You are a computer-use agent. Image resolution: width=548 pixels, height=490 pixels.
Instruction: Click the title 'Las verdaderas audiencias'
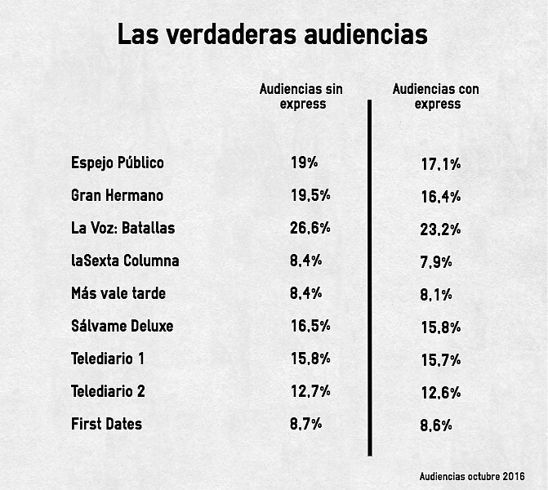point(272,35)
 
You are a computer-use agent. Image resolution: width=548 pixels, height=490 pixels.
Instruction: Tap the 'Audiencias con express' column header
point(436,96)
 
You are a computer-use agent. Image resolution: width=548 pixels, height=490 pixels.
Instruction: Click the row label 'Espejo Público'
point(118,163)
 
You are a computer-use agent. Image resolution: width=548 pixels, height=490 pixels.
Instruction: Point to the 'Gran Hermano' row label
point(117,195)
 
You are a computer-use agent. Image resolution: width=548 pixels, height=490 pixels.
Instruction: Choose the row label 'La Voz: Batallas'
point(123,228)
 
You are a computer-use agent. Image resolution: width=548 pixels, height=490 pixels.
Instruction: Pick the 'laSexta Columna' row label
point(125,261)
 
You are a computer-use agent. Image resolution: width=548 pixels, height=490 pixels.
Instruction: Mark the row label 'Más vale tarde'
point(118,293)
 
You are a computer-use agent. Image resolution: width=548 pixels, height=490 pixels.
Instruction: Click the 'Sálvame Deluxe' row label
point(123,326)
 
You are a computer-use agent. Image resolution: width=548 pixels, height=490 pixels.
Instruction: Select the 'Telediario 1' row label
point(108,359)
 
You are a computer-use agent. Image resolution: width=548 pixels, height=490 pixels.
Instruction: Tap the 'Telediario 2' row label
point(108,391)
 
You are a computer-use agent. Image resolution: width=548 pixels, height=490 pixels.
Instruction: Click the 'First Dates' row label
point(106,424)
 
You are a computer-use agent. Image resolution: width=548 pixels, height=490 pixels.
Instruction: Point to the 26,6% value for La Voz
point(310,229)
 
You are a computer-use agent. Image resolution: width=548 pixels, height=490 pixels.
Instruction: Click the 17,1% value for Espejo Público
point(441,164)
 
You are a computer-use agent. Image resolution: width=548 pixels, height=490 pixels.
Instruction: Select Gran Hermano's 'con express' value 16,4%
point(441,197)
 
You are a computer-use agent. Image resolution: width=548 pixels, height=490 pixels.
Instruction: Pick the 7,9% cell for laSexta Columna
point(436,262)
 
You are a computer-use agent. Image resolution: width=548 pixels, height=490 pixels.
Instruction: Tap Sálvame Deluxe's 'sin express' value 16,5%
point(310,327)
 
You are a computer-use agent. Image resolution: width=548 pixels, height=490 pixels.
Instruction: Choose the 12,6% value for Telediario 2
point(441,393)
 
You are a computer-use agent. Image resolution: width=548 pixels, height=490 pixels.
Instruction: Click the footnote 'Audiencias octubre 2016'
point(472,476)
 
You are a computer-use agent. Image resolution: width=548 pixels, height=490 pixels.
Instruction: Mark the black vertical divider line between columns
point(370,278)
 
